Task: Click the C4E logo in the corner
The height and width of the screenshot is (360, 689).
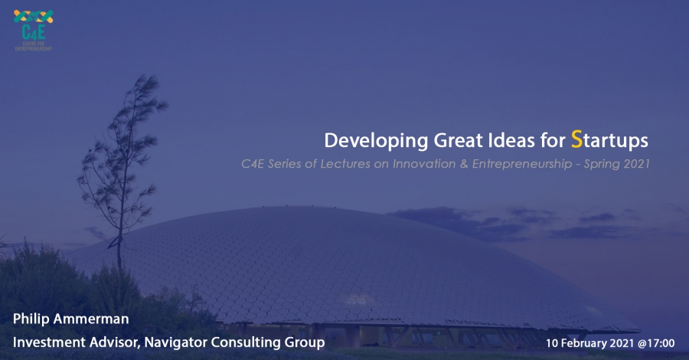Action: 34,30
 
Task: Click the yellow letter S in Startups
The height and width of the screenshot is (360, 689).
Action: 576,139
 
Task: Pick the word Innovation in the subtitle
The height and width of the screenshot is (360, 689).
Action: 424,164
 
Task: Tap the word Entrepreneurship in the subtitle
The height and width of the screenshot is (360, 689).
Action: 522,165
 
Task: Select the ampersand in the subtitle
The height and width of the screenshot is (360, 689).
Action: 464,164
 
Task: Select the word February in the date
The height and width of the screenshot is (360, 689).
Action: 580,343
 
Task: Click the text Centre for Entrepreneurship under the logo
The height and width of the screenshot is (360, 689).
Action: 34,46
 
